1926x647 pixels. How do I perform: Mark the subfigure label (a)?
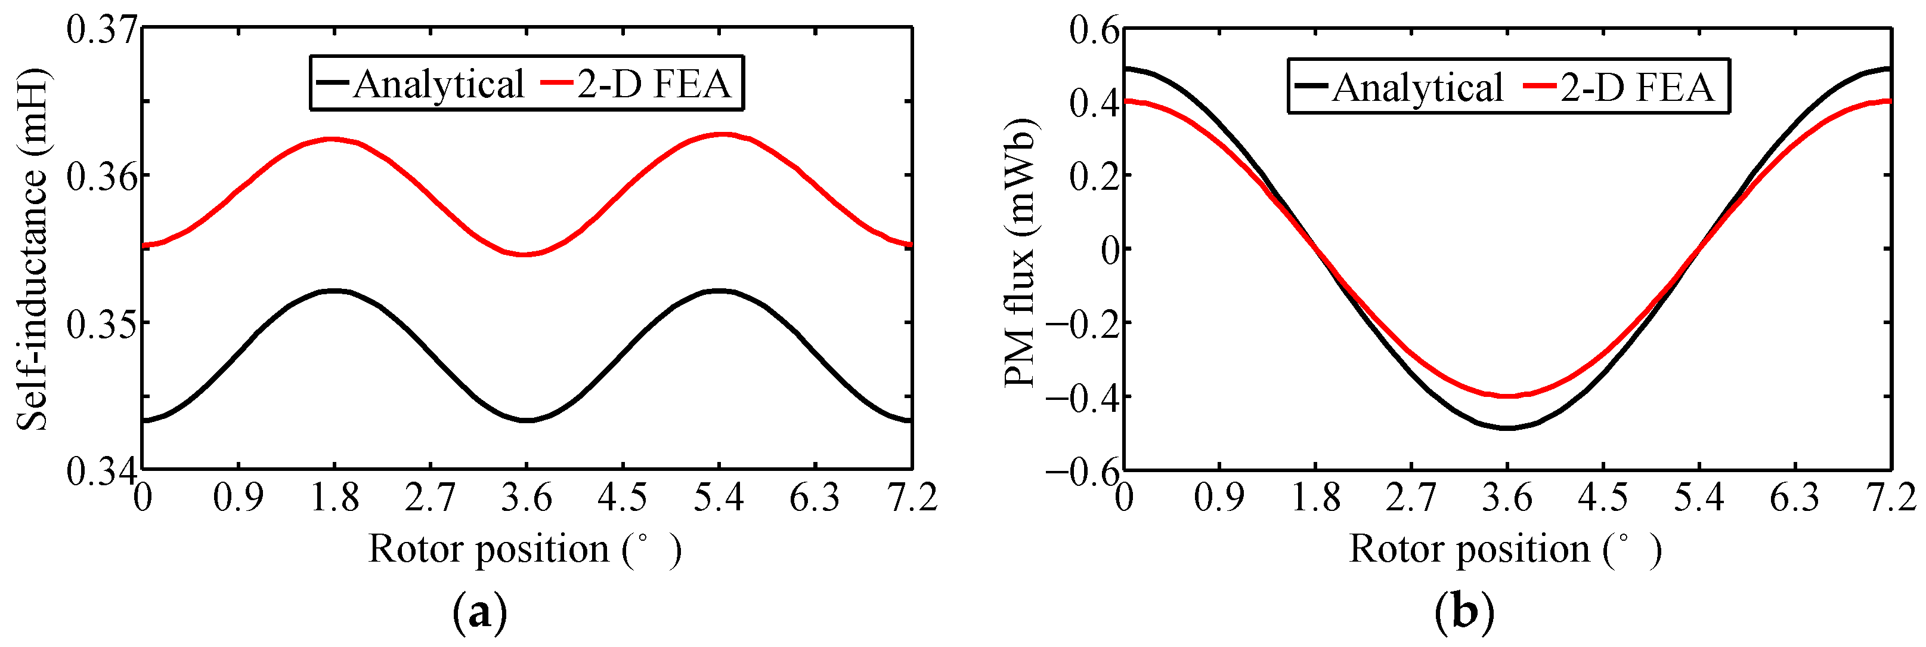[479, 614]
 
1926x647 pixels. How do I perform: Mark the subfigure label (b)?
[1464, 614]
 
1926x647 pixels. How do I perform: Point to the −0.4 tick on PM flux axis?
[1082, 396]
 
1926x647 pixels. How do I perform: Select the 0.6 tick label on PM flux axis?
[1094, 32]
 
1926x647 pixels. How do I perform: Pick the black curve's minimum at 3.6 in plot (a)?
[527, 420]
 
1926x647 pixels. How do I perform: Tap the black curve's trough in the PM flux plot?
[1507, 428]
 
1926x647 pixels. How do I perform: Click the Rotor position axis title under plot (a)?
[525, 550]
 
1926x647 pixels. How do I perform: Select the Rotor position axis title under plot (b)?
[1505, 550]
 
